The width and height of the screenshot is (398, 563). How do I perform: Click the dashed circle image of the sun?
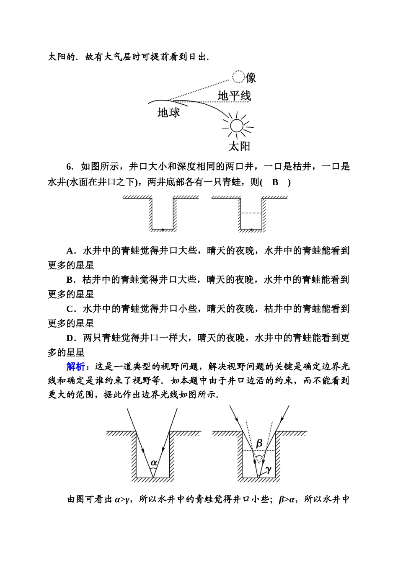coord(238,77)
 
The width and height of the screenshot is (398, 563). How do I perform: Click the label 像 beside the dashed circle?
coord(251,78)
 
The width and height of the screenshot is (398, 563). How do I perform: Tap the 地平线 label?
coord(234,96)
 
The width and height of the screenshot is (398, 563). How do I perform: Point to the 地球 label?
coord(168,112)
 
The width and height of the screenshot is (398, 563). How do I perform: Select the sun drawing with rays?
coord(237,126)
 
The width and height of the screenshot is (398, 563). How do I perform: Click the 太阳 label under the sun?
coord(239,146)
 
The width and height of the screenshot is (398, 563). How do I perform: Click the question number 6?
coord(69,167)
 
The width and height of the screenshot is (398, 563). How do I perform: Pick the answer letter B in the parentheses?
coord(275,182)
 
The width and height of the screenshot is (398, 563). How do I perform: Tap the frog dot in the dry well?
coord(163,229)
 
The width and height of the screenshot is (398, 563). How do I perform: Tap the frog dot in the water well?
coord(251,229)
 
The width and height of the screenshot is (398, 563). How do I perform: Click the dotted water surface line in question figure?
coord(251,213)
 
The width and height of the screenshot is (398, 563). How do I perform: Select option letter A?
coord(70,251)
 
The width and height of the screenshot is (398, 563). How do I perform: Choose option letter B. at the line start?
coord(70,280)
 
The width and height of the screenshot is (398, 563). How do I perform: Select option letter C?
coord(70,309)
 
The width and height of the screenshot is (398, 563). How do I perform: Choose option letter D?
coord(70,338)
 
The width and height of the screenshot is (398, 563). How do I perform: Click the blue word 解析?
coord(78,367)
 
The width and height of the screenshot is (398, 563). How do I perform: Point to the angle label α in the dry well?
coord(154,462)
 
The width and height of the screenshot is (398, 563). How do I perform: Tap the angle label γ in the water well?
coord(268,469)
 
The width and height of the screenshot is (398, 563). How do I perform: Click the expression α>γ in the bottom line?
coord(123,499)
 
